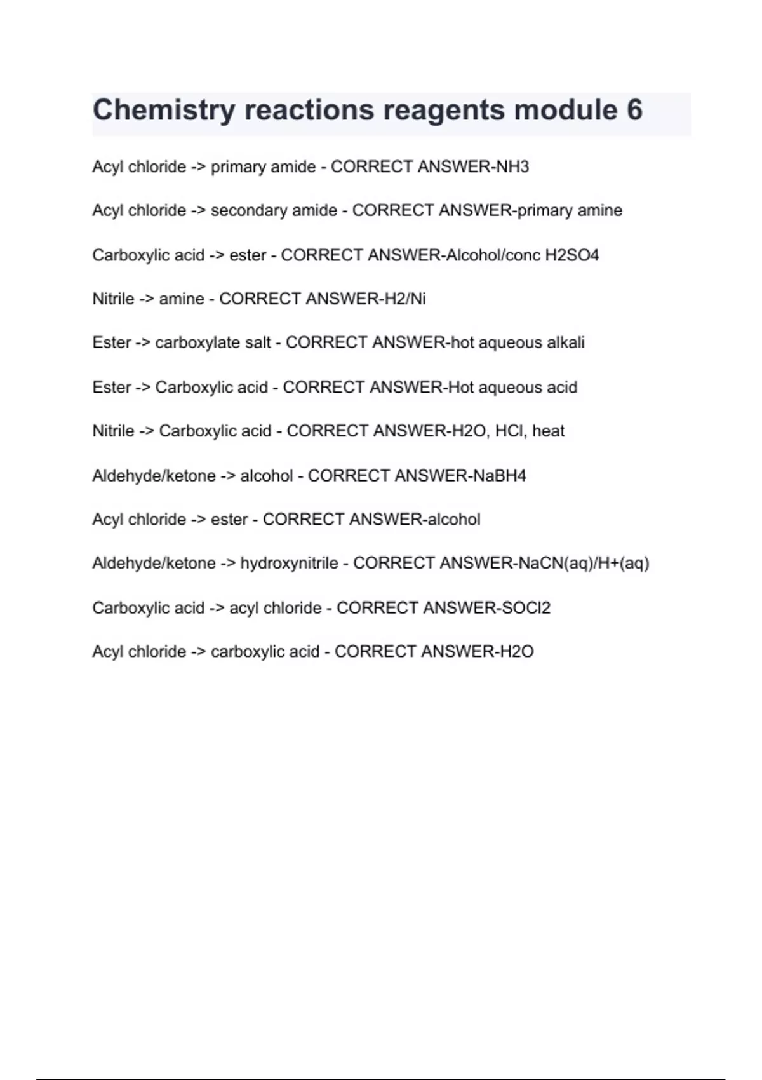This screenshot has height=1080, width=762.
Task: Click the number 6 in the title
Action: (x=634, y=110)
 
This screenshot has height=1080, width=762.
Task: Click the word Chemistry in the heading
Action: (x=164, y=110)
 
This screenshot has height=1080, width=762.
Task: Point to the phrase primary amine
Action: (x=570, y=211)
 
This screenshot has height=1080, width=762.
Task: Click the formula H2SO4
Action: (x=571, y=255)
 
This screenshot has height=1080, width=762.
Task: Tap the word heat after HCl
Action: (x=548, y=431)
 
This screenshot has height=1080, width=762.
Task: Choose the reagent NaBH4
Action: (x=500, y=476)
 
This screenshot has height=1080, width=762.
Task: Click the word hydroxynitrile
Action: (x=289, y=564)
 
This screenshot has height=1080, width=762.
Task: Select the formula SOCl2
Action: (x=526, y=608)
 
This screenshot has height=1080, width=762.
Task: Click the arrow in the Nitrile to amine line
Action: (x=146, y=299)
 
